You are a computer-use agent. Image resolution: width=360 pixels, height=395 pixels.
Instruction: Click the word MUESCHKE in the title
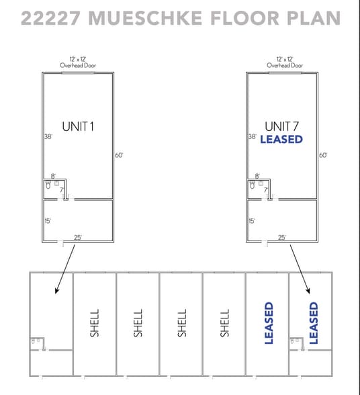pyautogui.click(x=145, y=18)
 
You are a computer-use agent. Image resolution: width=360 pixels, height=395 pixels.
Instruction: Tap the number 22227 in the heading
pyautogui.click(x=50, y=18)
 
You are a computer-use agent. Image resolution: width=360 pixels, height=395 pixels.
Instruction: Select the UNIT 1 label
pyautogui.click(x=78, y=126)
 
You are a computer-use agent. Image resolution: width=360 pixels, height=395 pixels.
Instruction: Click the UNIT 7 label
pyautogui.click(x=281, y=126)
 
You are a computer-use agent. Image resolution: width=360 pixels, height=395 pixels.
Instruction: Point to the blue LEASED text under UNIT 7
pyautogui.click(x=281, y=139)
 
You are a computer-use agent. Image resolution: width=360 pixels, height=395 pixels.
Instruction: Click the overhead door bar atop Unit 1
pyautogui.click(x=78, y=73)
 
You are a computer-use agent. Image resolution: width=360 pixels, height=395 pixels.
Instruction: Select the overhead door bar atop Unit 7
pyautogui.click(x=285, y=73)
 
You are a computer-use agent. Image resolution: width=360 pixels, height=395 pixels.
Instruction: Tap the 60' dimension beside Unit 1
pyautogui.click(x=119, y=155)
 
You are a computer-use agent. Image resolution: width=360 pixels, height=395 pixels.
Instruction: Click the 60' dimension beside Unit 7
pyautogui.click(x=323, y=155)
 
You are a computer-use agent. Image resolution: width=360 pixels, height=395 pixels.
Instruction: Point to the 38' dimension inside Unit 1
pyautogui.click(x=48, y=136)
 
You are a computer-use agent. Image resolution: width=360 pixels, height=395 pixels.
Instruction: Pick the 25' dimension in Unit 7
pyautogui.click(x=282, y=237)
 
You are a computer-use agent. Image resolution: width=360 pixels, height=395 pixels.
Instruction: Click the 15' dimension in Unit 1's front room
pyautogui.click(x=48, y=221)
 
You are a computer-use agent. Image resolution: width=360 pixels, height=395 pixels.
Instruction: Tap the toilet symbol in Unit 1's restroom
pyautogui.click(x=48, y=185)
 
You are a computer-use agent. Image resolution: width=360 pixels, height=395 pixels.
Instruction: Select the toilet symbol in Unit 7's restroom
pyautogui.click(x=252, y=185)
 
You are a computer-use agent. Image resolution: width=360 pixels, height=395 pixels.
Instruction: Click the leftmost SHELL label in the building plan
pyautogui.click(x=95, y=323)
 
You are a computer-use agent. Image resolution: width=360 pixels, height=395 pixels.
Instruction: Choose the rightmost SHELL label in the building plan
pyautogui.click(x=225, y=323)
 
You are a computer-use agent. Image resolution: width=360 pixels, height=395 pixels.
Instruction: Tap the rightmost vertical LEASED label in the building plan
pyautogui.click(x=314, y=323)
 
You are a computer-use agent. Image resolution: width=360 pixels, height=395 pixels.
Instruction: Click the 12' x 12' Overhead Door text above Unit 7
pyautogui.click(x=285, y=62)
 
